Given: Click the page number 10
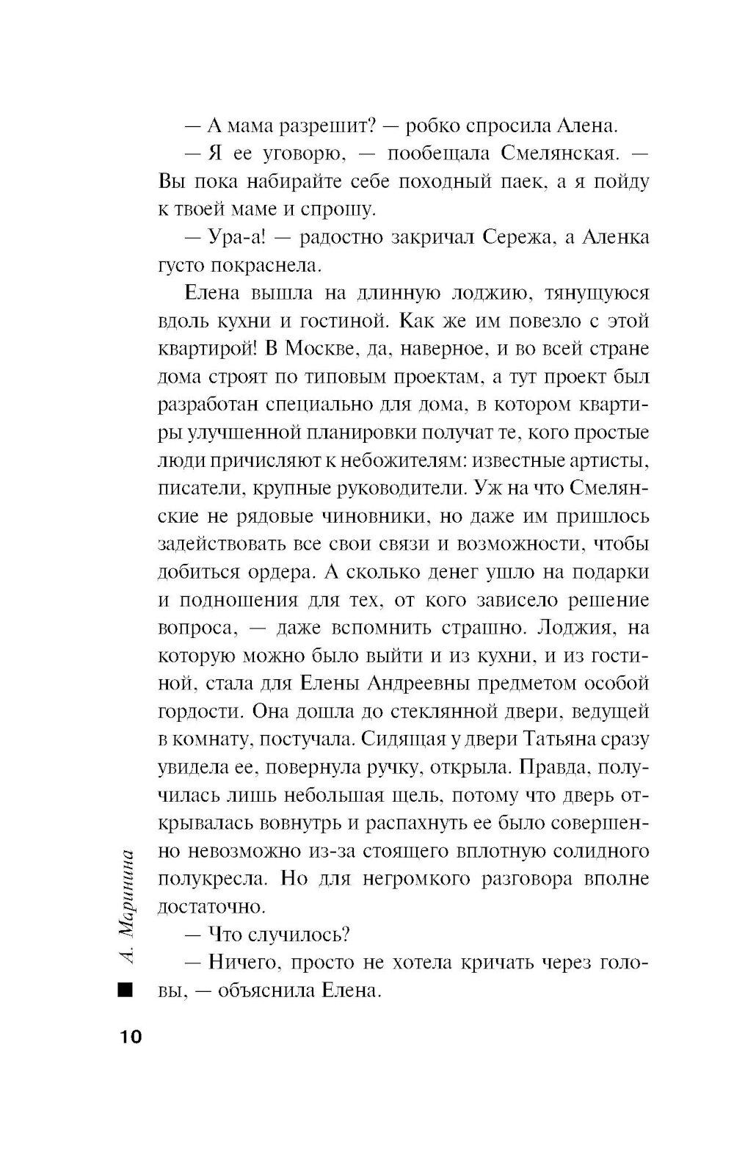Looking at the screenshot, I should (126, 1037).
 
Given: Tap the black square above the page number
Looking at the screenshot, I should (126, 991).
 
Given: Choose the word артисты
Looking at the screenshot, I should (608, 461).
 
